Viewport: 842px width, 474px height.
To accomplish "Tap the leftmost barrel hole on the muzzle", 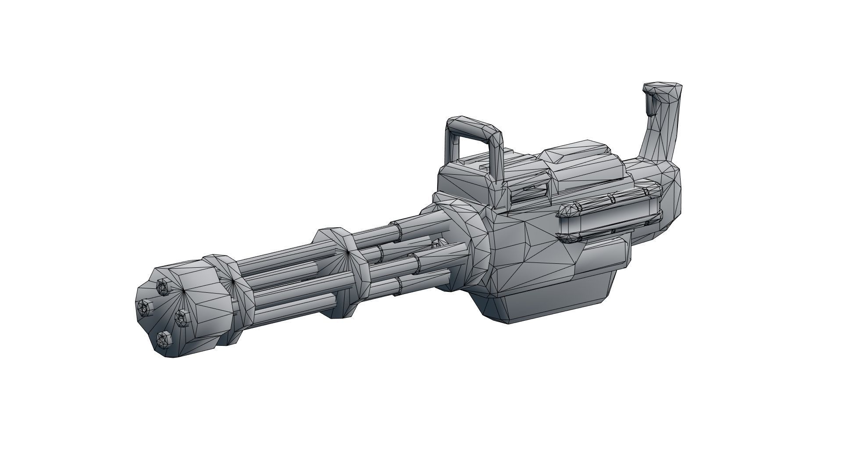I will click(143, 306).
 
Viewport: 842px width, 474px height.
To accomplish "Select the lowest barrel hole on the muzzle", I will click(163, 338).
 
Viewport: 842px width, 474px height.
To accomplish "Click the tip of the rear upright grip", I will click(662, 89).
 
